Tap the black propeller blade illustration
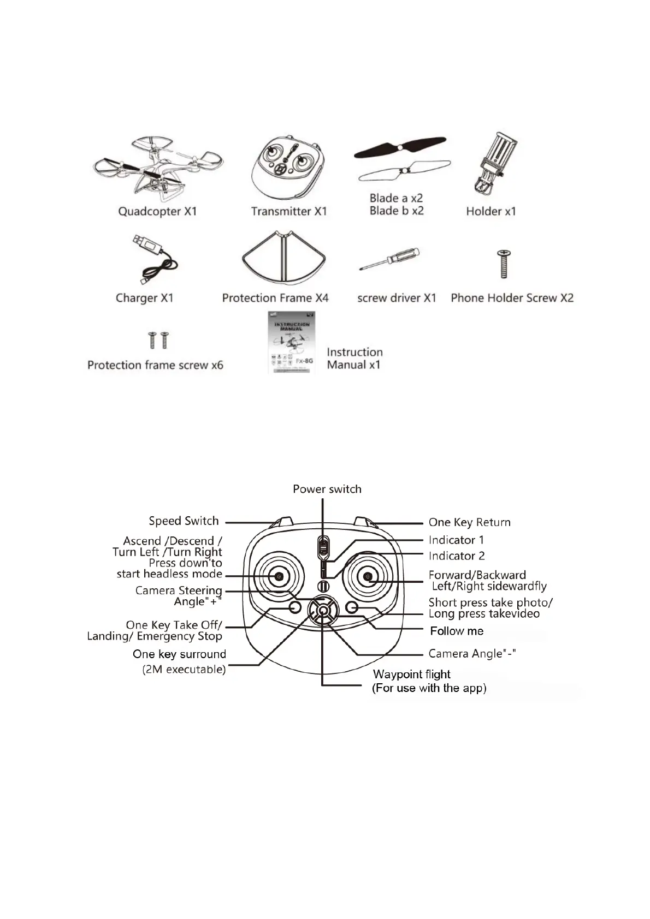tap(400, 147)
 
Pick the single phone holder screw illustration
tap(504, 264)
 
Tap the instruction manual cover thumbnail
tap(292, 343)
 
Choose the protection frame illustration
tap(284, 258)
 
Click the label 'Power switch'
tap(327, 489)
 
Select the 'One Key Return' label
tap(469, 522)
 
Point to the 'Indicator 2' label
tap(457, 556)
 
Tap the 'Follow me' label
tap(457, 631)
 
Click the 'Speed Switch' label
tap(184, 521)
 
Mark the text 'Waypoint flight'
tap(411, 674)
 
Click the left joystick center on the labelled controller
tap(279, 576)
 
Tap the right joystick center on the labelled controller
tap(368, 576)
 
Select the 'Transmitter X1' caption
tap(288, 211)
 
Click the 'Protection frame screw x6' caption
tap(155, 365)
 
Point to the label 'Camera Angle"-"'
tap(472, 653)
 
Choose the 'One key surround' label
tap(179, 654)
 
